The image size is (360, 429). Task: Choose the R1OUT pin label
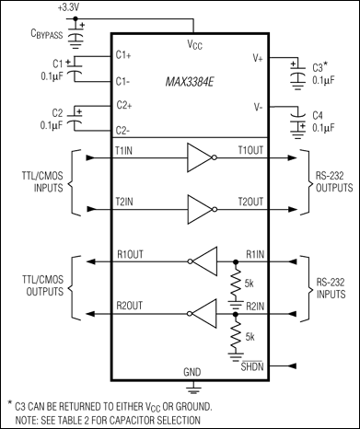(x=131, y=255)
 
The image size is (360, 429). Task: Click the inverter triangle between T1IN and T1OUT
(x=198, y=157)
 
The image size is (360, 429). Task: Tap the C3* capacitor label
(x=321, y=66)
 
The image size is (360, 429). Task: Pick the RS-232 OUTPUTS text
(x=324, y=183)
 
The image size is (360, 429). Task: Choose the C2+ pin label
(x=124, y=106)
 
